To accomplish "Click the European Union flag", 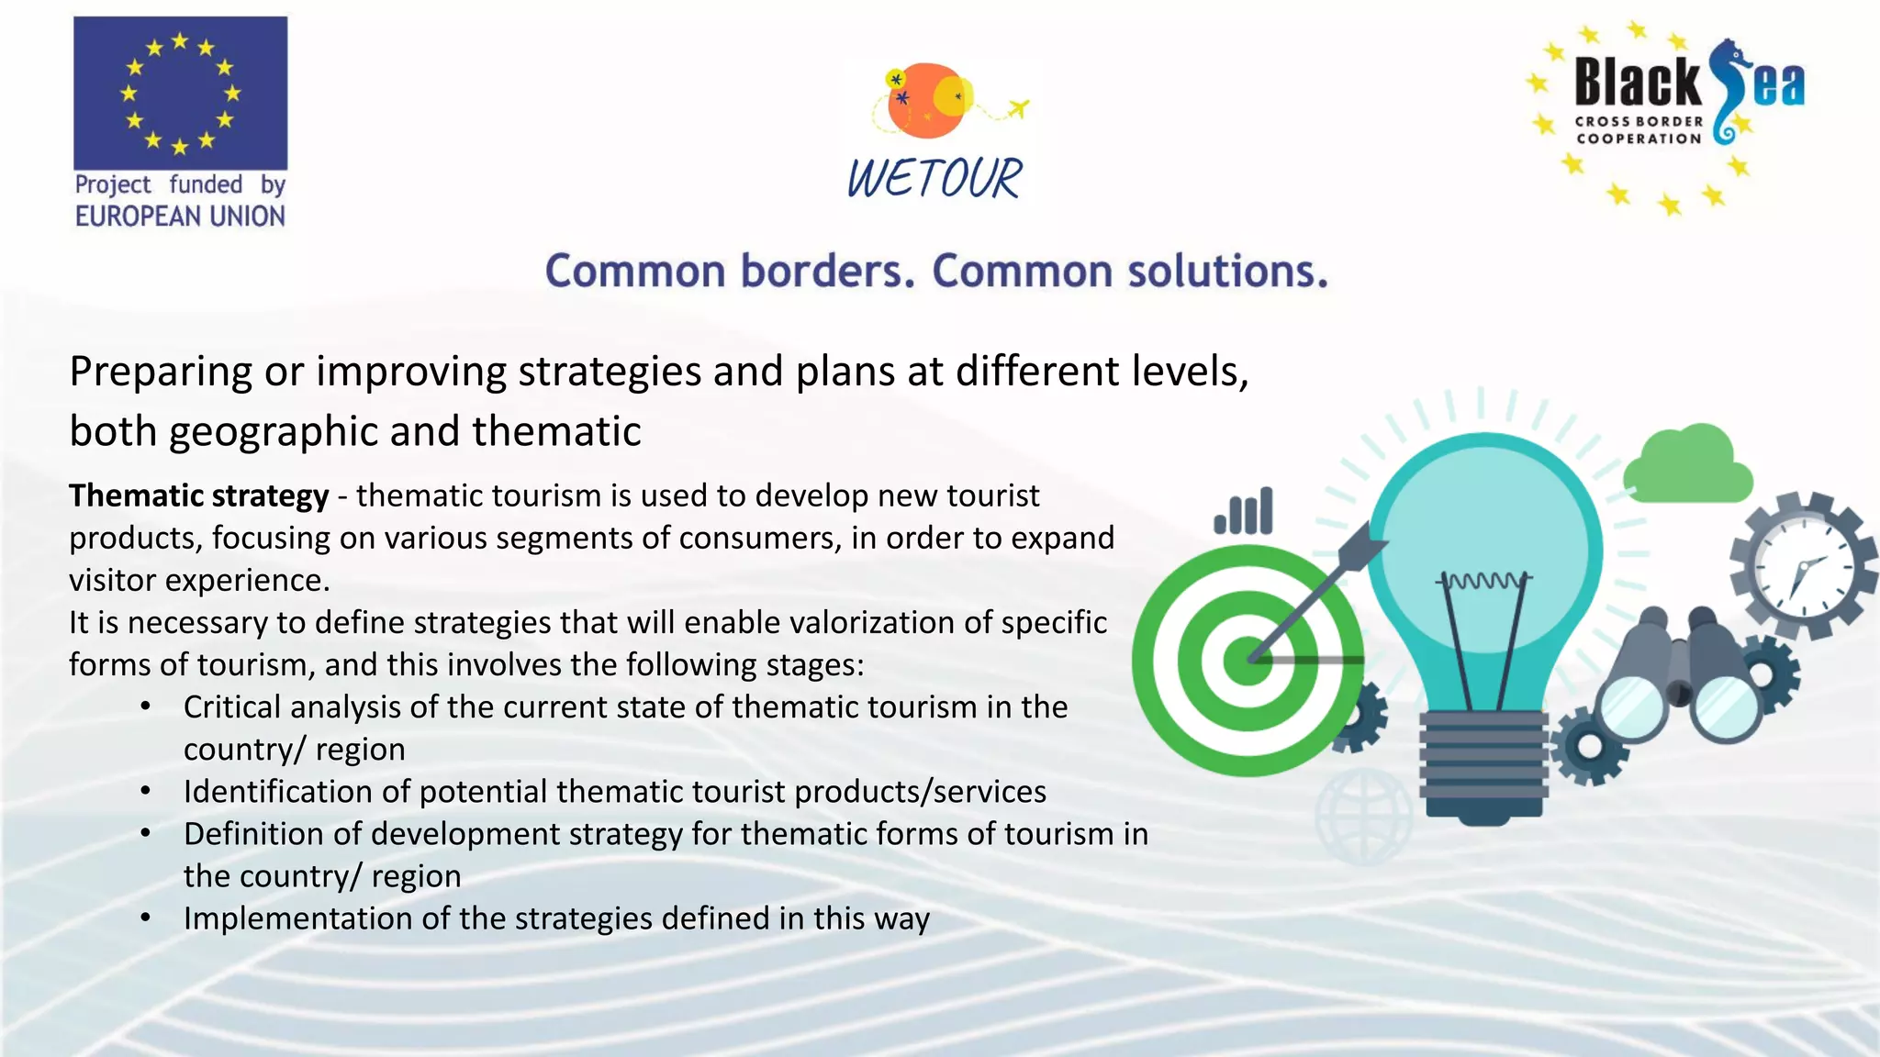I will (180, 93).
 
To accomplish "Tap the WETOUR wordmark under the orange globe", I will (934, 178).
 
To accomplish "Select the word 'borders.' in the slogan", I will (828, 272).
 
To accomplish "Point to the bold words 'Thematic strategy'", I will (198, 495).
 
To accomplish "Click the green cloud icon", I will (1687, 466).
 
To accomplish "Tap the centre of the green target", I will (1248, 660).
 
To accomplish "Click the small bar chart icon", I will (1244, 511).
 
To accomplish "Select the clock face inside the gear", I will (1803, 566).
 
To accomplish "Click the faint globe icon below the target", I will (1363, 816).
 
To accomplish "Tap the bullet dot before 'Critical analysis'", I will (145, 707).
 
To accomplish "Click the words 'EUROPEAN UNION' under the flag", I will (180, 217).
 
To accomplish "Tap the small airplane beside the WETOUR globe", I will (1017, 108).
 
